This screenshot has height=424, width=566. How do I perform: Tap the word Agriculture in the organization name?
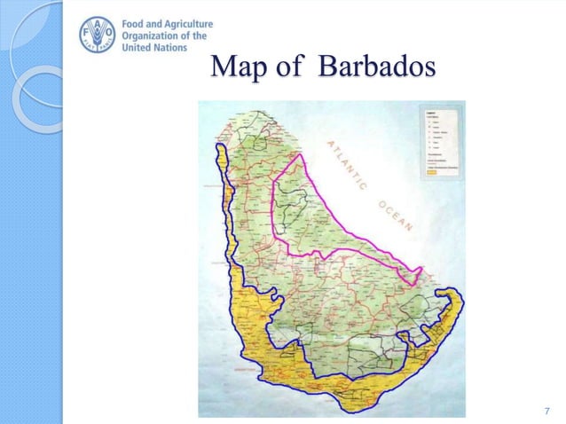[194, 24]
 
